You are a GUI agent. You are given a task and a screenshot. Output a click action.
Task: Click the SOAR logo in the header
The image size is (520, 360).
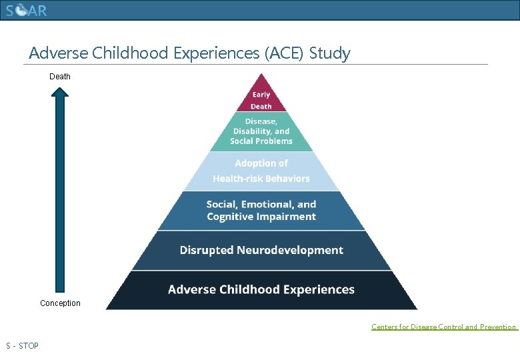[27, 11]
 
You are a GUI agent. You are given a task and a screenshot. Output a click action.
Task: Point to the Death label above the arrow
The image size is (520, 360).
[60, 77]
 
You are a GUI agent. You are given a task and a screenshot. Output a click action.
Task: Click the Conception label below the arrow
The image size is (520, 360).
[60, 303]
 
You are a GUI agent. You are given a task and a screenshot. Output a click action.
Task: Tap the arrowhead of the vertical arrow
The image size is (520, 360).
[60, 93]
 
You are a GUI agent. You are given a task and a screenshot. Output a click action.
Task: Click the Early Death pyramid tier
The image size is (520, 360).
[261, 100]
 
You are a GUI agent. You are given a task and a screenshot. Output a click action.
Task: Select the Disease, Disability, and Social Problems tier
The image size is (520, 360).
[261, 131]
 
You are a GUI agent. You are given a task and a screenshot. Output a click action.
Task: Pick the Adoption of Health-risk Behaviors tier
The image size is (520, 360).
[261, 171]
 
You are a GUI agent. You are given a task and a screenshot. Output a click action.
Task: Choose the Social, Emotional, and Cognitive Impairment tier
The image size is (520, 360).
[261, 211]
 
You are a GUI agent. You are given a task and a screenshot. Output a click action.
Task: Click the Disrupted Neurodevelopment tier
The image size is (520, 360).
[261, 251]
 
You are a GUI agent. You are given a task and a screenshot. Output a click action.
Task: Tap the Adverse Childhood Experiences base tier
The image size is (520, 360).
[261, 290]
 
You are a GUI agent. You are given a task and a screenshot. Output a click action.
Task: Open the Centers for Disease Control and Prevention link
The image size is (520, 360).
[444, 327]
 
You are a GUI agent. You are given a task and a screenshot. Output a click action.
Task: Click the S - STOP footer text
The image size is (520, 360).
[22, 346]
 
